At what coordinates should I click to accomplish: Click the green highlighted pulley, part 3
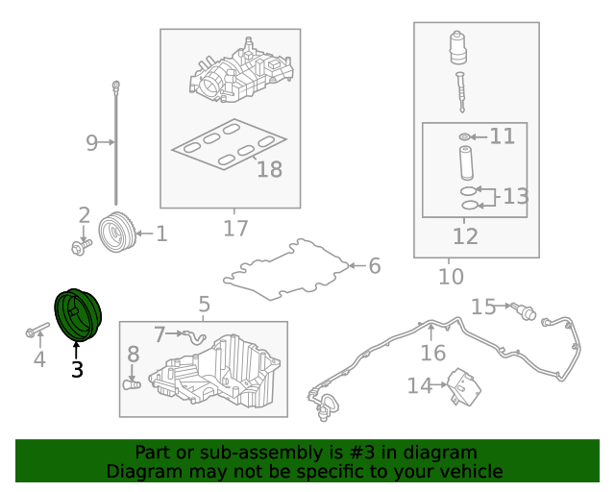click(78, 315)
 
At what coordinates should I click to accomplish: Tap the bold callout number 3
click(77, 370)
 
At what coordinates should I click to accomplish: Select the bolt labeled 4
click(37, 330)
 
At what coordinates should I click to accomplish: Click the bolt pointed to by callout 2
click(82, 247)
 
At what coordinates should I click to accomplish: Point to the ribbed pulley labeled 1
click(116, 233)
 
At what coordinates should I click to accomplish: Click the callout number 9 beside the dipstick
click(91, 143)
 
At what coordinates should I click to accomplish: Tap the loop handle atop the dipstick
click(115, 86)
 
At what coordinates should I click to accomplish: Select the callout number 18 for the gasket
click(269, 169)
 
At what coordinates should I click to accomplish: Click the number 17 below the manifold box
click(235, 229)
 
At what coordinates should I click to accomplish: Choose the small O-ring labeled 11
click(464, 136)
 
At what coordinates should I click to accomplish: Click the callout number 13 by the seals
click(516, 196)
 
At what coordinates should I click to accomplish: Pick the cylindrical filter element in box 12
click(466, 162)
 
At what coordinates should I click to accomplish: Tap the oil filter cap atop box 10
click(458, 47)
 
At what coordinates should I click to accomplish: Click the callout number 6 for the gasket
click(375, 266)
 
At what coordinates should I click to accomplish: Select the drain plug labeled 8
click(132, 384)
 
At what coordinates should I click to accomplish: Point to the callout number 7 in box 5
click(160, 334)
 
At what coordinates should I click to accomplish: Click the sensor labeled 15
click(524, 310)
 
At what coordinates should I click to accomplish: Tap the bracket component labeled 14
click(465, 386)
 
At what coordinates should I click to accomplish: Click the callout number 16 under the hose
click(433, 353)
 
